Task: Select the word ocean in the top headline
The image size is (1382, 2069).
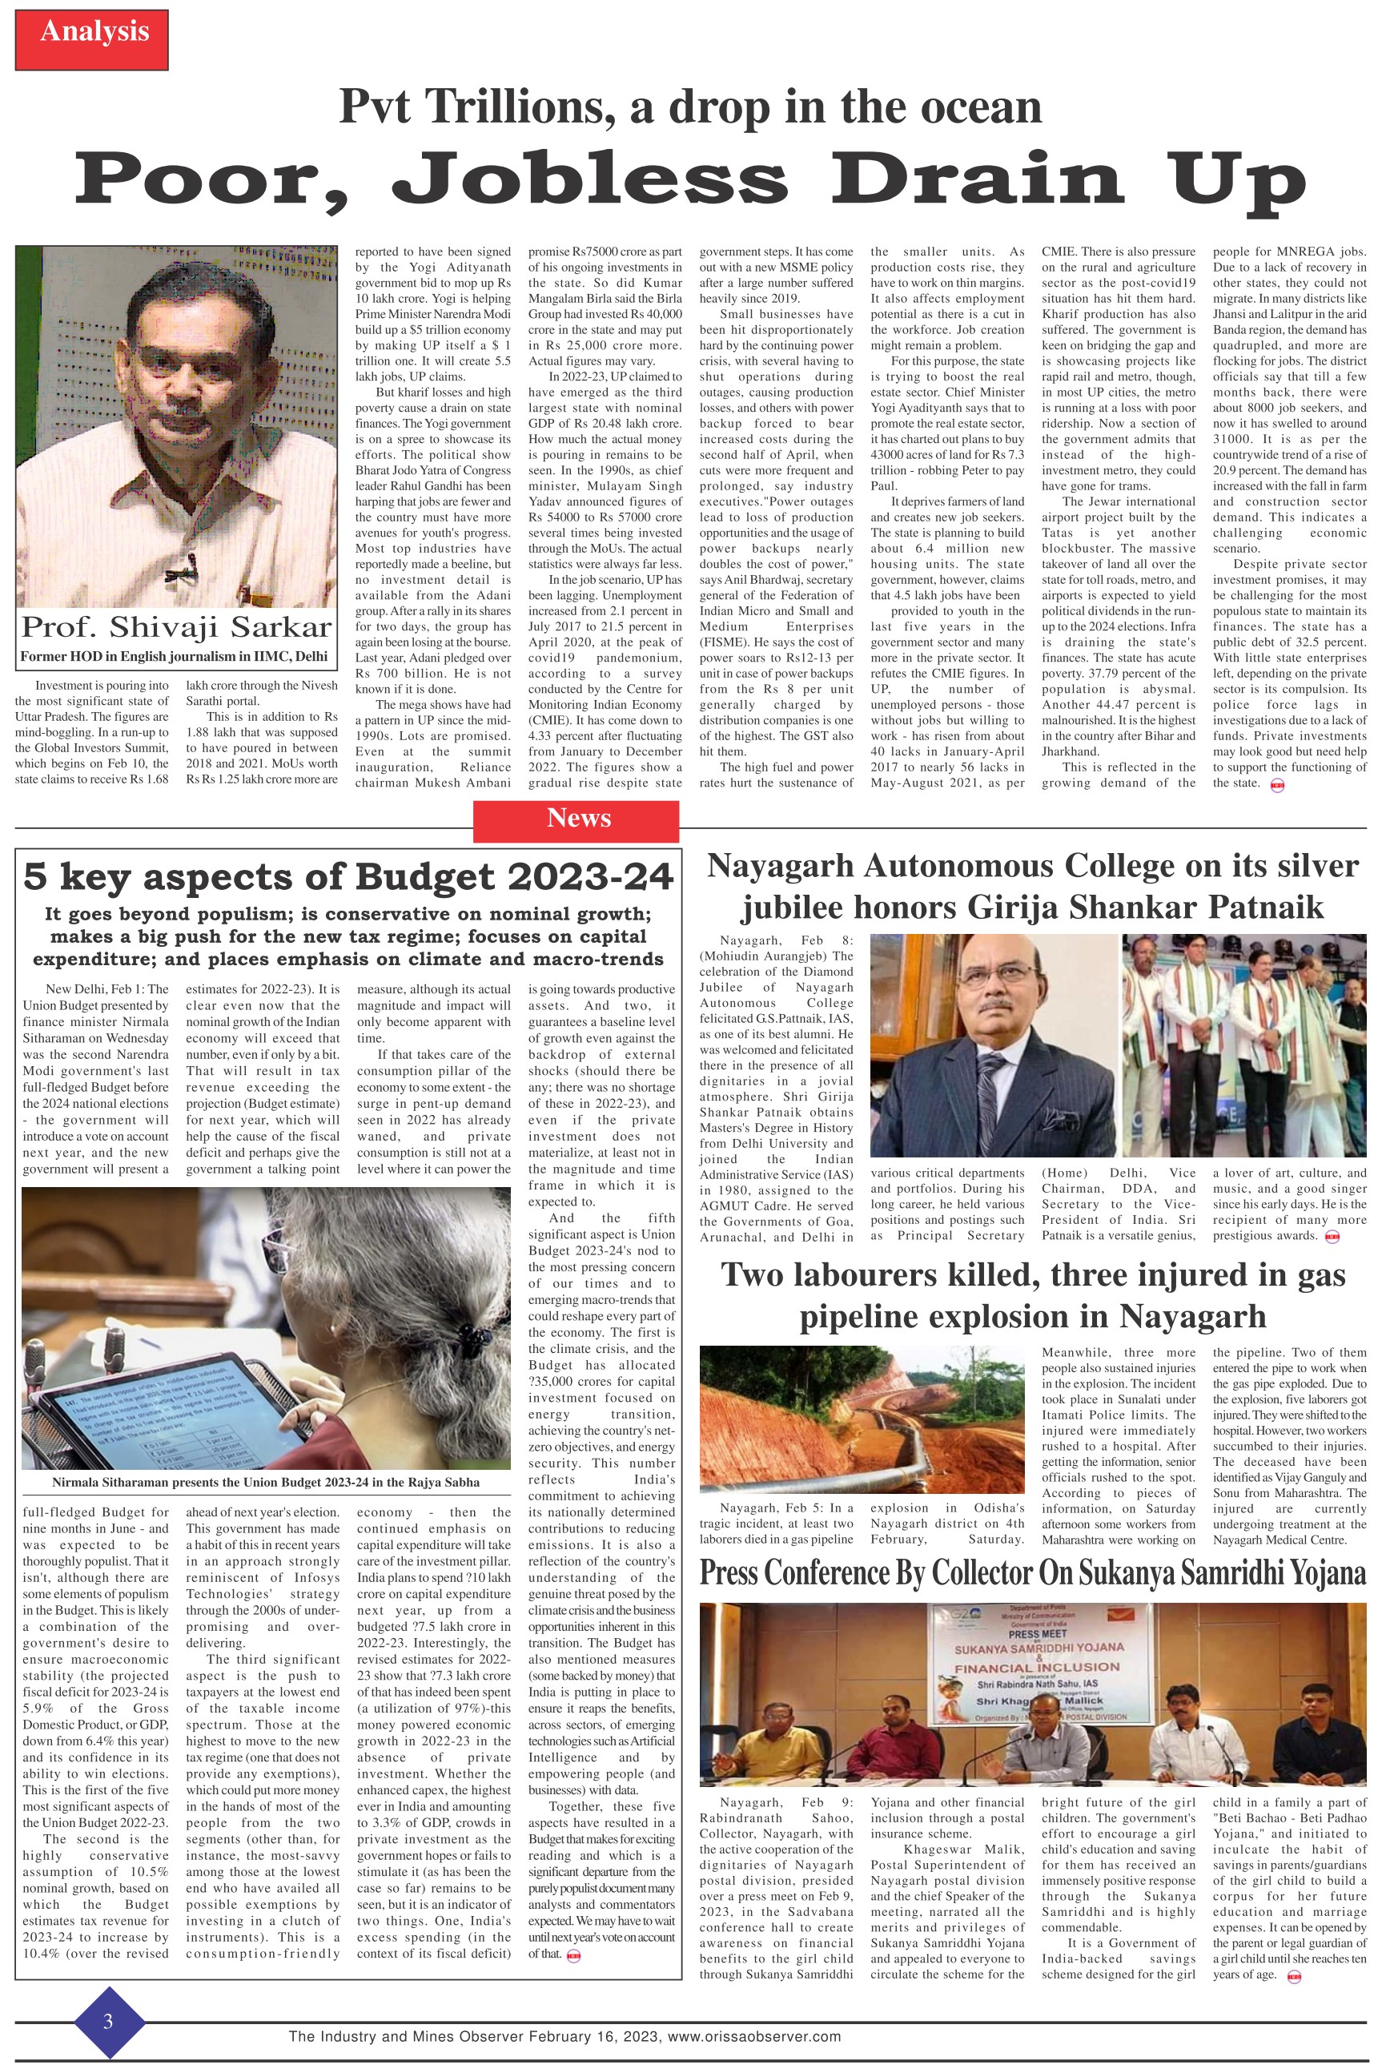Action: [x=979, y=107]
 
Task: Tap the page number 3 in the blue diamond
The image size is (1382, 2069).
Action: [x=108, y=2022]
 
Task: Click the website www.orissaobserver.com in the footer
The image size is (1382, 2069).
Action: [x=753, y=2036]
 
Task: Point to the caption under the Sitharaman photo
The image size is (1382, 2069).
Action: [x=265, y=1482]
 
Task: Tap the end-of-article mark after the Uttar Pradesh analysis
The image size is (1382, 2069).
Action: [x=1276, y=784]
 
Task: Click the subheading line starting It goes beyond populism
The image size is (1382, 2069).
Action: [x=348, y=914]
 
